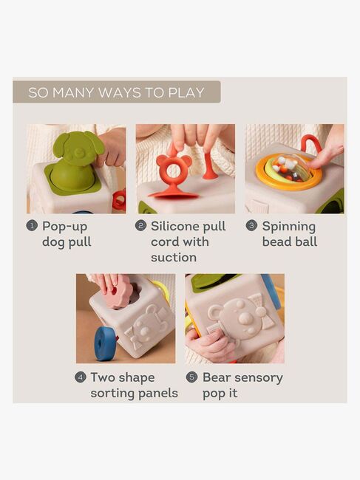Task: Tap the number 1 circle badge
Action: click(32, 226)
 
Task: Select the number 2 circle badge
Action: click(140, 226)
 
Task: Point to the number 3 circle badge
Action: click(251, 226)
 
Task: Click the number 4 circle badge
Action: click(81, 377)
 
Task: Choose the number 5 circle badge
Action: click(191, 377)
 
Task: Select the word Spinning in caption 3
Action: click(288, 227)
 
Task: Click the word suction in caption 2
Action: click(174, 258)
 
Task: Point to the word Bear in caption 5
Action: click(217, 377)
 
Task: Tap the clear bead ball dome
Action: click(291, 168)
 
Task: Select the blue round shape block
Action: click(106, 343)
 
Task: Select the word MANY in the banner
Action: click(73, 92)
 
